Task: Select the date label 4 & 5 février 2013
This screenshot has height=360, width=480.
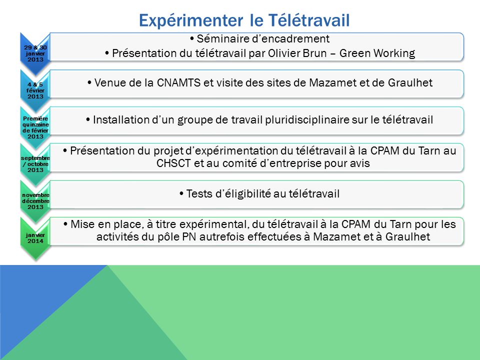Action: tap(35, 90)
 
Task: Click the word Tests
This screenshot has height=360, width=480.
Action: tap(199, 193)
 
